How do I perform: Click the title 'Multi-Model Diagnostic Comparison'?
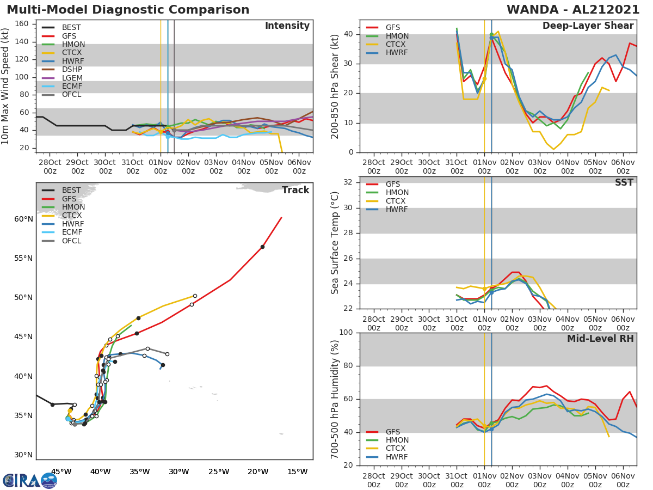click(x=128, y=10)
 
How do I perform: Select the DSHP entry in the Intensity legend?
click(x=72, y=69)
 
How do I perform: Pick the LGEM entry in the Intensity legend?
click(x=72, y=78)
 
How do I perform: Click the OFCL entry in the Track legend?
click(x=71, y=241)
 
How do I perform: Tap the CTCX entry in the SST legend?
click(x=397, y=201)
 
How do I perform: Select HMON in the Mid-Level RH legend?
click(x=397, y=440)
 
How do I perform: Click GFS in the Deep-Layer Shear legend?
click(x=393, y=28)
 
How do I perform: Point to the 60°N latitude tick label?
click(x=23, y=219)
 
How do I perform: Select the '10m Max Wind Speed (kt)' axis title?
click(x=6, y=86)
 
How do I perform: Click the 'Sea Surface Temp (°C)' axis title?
click(x=335, y=243)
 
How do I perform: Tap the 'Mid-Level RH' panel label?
click(x=600, y=339)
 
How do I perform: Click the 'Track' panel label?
click(x=295, y=190)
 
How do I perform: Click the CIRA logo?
click(x=29, y=480)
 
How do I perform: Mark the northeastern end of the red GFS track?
click(x=281, y=218)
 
